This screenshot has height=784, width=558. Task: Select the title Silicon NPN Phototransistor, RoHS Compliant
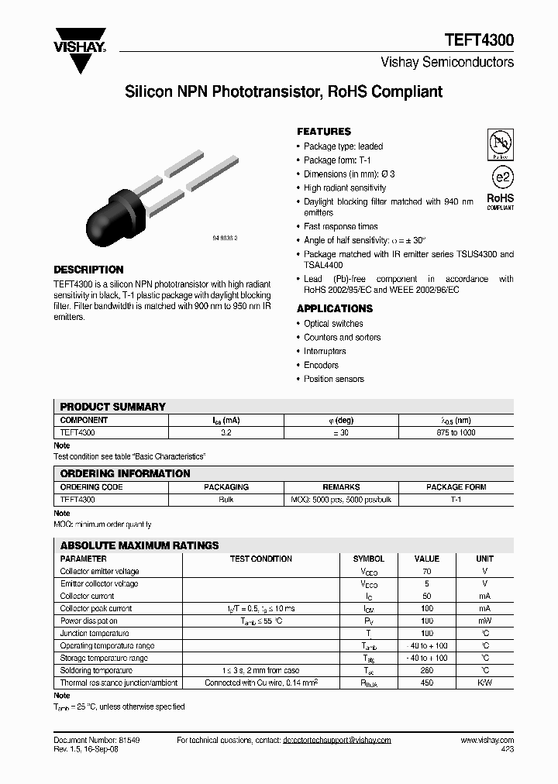click(284, 92)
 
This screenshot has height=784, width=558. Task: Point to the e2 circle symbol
click(501, 177)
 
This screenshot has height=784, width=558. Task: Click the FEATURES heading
click(324, 132)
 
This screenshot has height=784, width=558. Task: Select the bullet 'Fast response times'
click(340, 226)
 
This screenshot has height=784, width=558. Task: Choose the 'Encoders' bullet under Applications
click(321, 365)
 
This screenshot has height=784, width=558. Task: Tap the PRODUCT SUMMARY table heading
click(112, 407)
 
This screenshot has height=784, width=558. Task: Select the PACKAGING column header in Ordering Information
click(226, 487)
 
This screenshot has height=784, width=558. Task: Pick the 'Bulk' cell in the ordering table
click(226, 500)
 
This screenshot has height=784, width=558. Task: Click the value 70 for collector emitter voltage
click(427, 571)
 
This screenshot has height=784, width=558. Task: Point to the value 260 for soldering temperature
click(427, 670)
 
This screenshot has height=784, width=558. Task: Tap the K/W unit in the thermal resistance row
click(484, 683)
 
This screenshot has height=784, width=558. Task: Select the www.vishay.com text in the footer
click(487, 741)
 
